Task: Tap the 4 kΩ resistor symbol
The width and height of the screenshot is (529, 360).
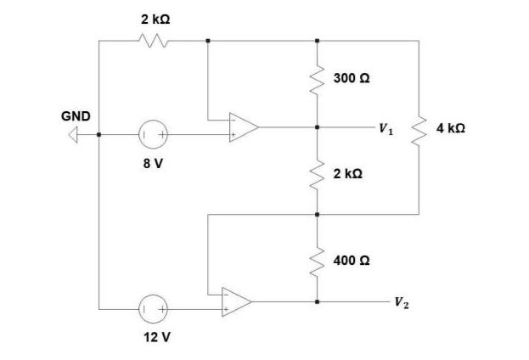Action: click(x=419, y=128)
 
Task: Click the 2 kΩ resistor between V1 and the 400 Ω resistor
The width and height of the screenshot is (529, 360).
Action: click(x=318, y=173)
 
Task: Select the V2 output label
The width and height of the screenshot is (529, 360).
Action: click(x=399, y=301)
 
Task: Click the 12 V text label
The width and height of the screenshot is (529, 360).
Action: click(x=157, y=337)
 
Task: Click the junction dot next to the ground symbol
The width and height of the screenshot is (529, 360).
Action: click(x=99, y=134)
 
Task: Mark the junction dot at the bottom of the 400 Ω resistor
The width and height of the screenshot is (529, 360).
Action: click(x=318, y=301)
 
